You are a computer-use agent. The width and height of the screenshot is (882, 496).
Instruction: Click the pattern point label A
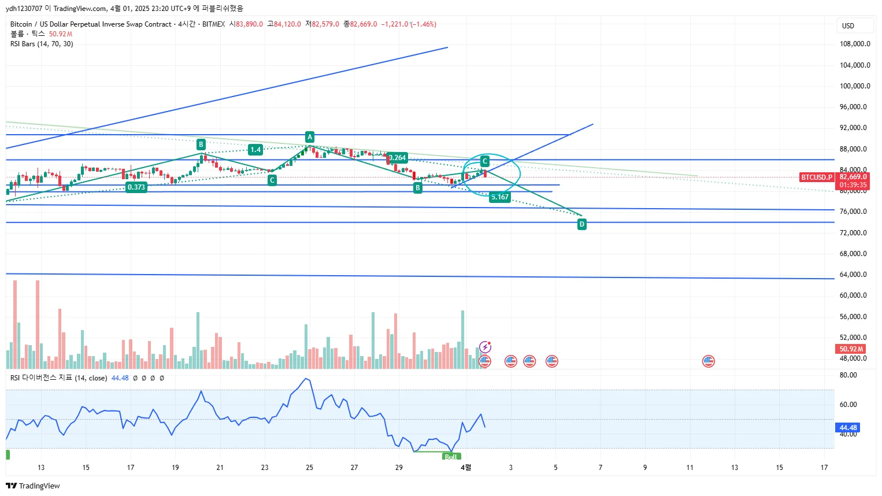[310, 137]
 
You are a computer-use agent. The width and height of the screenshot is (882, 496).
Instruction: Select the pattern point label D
[582, 224]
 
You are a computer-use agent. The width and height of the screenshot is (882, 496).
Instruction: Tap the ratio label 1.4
[255, 150]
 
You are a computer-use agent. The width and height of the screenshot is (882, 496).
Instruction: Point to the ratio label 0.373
[136, 187]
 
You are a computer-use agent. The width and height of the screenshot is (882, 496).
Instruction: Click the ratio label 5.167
[499, 197]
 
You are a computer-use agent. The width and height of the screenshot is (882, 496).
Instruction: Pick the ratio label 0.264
[398, 158]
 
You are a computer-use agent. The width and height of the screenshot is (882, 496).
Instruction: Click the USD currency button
[848, 26]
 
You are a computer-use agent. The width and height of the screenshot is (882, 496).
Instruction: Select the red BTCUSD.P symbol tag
[817, 177]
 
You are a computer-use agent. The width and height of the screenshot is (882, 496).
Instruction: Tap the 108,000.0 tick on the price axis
[855, 44]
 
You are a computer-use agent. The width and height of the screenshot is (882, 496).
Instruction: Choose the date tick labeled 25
[310, 468]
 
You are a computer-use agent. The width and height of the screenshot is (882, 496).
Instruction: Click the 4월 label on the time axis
[466, 467]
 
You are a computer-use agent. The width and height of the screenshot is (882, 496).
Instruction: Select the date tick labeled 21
[220, 468]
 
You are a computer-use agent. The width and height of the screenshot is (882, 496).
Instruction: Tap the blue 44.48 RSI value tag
[848, 428]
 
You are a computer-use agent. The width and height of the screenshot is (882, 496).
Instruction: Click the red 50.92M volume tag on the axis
[851, 349]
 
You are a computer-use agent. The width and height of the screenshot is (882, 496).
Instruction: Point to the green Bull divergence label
[451, 457]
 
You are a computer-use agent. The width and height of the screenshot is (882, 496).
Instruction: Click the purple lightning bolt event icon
[486, 347]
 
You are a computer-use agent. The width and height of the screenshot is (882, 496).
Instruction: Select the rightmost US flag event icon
[708, 361]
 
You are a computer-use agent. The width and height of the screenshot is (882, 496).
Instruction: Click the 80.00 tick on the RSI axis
[848, 375]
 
